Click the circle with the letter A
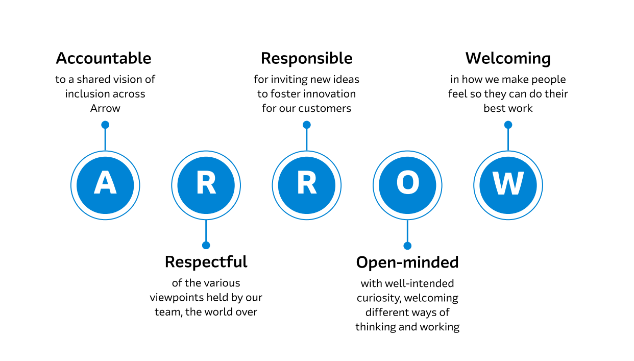105,185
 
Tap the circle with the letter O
407,185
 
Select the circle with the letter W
508,185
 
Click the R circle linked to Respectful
206,185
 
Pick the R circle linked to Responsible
306,185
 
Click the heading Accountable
104,58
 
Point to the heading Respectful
206,262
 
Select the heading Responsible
306,58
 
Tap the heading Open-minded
407,262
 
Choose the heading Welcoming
508,58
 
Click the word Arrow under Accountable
105,108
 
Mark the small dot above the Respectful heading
206,245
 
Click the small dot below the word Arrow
105,125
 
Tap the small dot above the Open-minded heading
407,246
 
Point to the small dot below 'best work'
508,125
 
